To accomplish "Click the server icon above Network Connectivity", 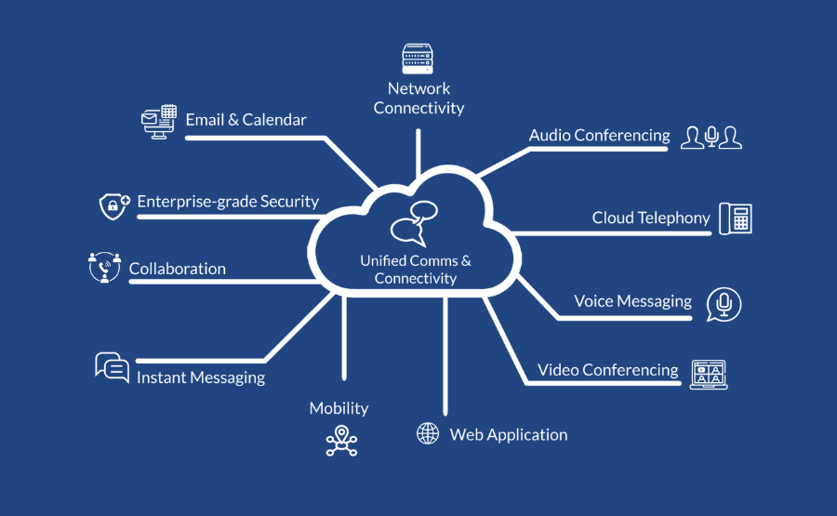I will point(418,59).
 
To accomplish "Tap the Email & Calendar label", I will point(246,120).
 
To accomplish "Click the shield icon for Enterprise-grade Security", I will point(113,205).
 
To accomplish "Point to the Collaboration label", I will point(177,269).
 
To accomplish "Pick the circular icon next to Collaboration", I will point(104,267).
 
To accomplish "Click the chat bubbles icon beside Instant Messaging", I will point(112,367).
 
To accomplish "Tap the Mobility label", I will point(339,408).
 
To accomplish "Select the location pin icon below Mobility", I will point(341,441).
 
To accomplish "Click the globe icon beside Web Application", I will point(428,433).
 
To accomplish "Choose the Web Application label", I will point(508,434).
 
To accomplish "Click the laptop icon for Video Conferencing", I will point(709,374).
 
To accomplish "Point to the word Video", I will point(558,370).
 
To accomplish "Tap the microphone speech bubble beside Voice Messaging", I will point(724,304).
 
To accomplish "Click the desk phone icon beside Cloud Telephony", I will point(735,218).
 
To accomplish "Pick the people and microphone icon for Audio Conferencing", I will point(711,138).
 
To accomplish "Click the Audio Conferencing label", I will point(599,135).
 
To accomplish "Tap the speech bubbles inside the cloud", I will point(414,224).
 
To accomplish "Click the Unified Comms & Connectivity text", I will point(416,270).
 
